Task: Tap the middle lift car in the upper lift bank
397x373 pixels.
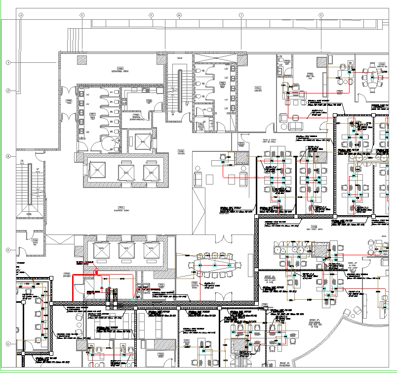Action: (126, 172)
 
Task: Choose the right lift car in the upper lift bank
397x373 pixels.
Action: (151, 172)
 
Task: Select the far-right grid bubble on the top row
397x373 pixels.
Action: (320, 15)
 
